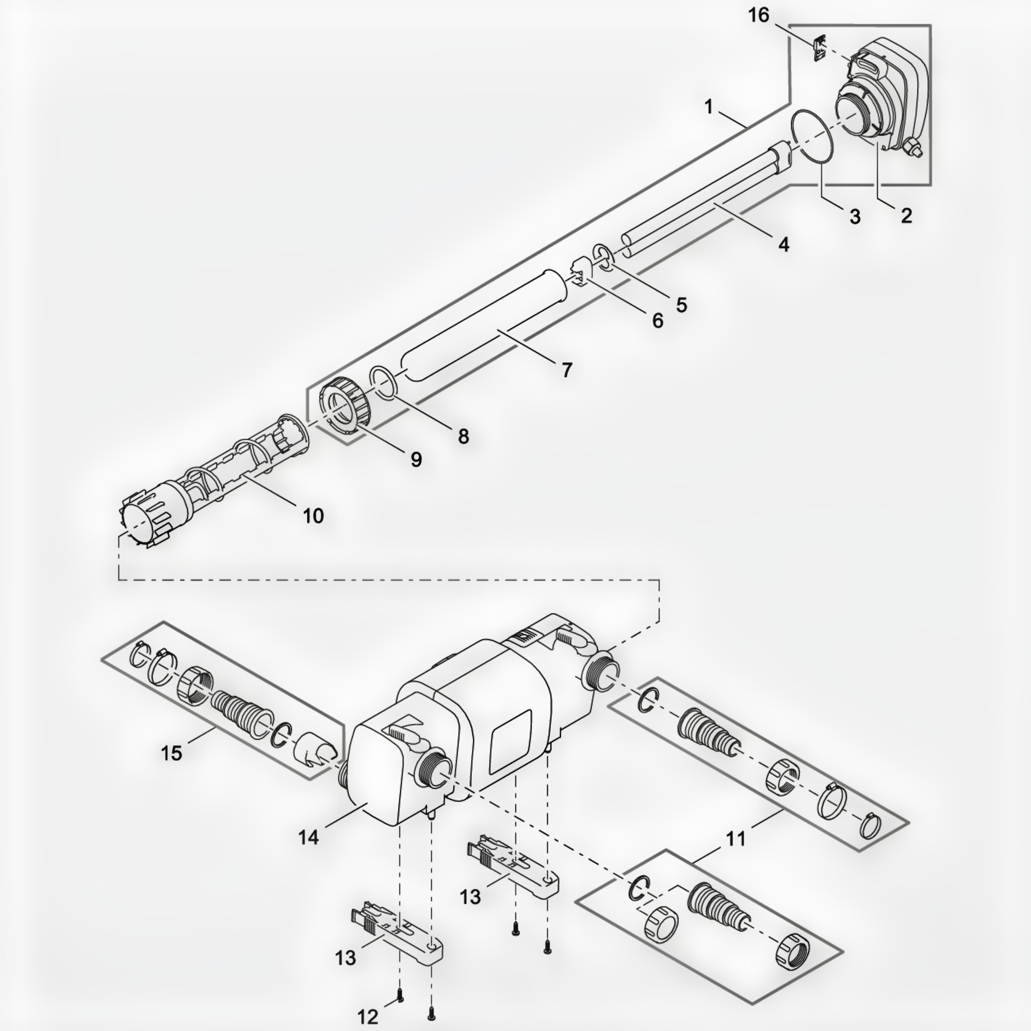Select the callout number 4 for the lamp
click(783, 245)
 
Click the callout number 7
click(567, 370)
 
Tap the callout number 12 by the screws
click(367, 1017)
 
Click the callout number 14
click(308, 837)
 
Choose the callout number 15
click(171, 753)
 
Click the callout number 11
click(736, 839)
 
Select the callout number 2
click(906, 216)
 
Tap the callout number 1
click(708, 107)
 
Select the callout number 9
click(416, 459)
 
